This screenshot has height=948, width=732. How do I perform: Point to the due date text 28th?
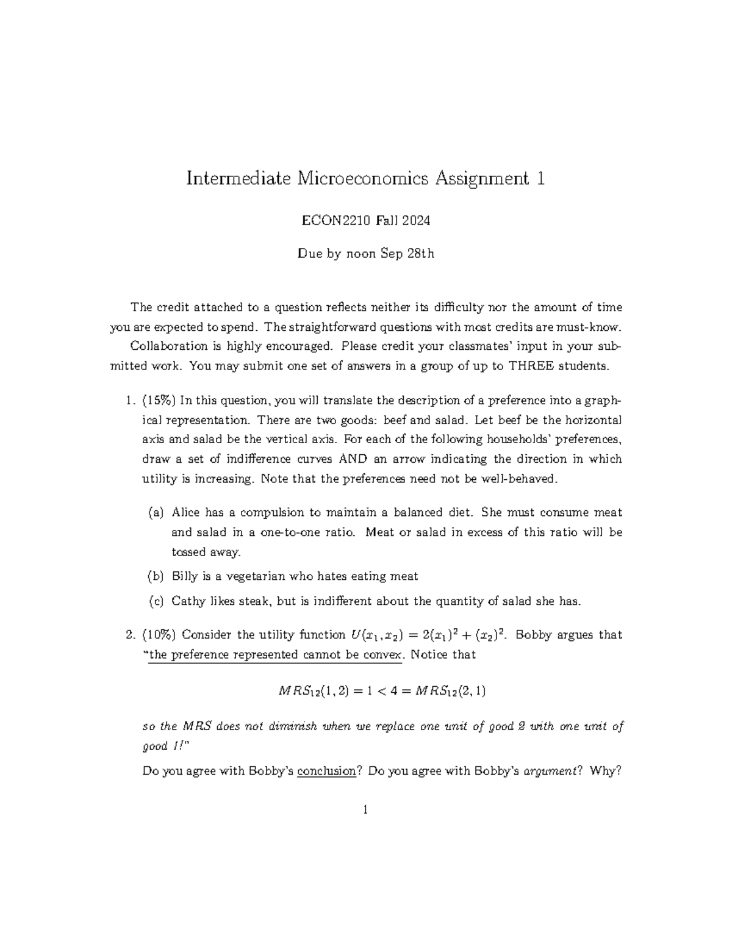420,254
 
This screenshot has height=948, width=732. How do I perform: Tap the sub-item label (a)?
156,513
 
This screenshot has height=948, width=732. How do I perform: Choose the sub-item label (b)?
156,576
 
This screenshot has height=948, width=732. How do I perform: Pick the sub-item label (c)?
156,601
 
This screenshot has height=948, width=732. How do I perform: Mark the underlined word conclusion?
326,771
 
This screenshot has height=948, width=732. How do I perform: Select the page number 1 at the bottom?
365,811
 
